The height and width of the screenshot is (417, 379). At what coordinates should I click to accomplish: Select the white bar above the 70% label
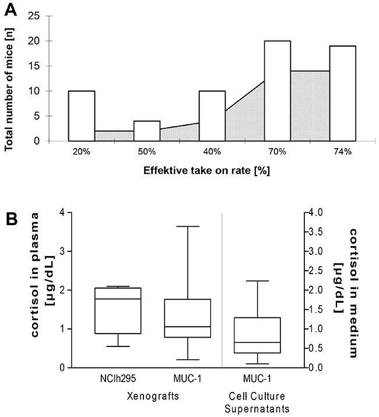pos(278,90)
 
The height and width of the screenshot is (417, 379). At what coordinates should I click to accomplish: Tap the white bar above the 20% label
pos(82,115)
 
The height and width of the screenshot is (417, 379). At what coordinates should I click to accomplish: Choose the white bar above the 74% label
pos(342,93)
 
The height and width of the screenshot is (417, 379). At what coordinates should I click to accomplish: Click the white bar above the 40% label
pos(212,115)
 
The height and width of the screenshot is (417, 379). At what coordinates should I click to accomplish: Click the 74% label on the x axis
pos(342,152)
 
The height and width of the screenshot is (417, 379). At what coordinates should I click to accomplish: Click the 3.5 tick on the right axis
pos(314,232)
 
